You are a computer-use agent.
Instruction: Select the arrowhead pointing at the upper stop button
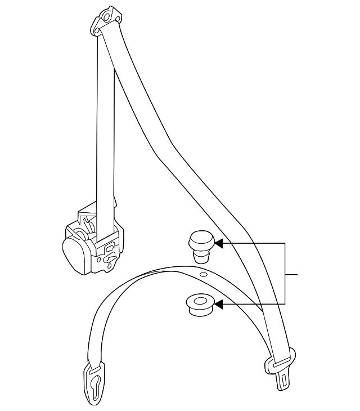click(x=219, y=244)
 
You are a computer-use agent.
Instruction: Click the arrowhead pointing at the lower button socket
click(x=219, y=305)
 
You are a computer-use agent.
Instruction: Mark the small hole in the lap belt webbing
click(x=204, y=274)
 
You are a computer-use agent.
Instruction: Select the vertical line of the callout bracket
click(x=286, y=274)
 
